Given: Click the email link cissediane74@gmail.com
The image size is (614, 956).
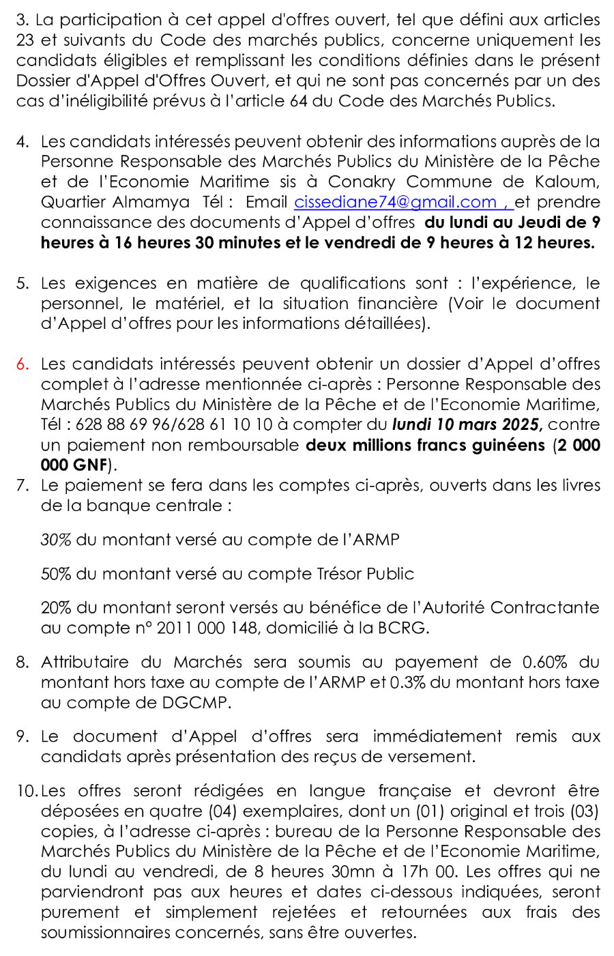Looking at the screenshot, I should (x=396, y=202).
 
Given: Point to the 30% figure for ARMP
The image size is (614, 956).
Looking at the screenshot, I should (x=56, y=540).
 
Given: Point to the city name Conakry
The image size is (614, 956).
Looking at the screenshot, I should (x=362, y=182).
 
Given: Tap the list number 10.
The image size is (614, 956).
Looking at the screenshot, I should (x=27, y=791).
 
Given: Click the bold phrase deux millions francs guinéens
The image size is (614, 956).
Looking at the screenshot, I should (x=425, y=446).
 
